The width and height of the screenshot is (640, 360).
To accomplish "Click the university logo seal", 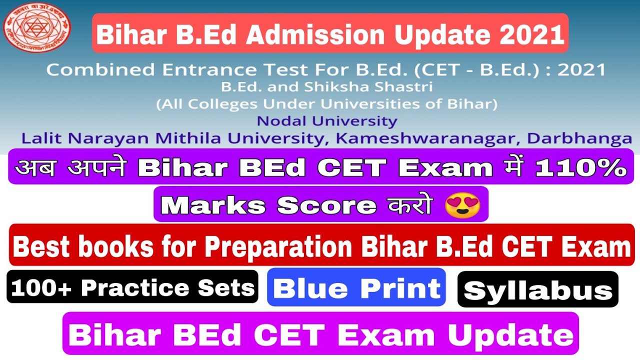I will [x=37, y=28].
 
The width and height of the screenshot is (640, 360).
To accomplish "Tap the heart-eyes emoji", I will [x=462, y=204].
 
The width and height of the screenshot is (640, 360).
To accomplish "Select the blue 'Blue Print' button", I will [x=356, y=287].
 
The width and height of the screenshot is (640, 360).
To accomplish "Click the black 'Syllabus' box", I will [x=537, y=289].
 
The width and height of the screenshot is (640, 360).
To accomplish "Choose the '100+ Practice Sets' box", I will [x=132, y=287].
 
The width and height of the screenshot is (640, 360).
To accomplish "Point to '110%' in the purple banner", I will [x=580, y=167].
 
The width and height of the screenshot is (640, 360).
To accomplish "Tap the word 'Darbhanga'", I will [x=585, y=138].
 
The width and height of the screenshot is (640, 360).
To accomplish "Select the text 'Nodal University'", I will [x=327, y=121].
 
